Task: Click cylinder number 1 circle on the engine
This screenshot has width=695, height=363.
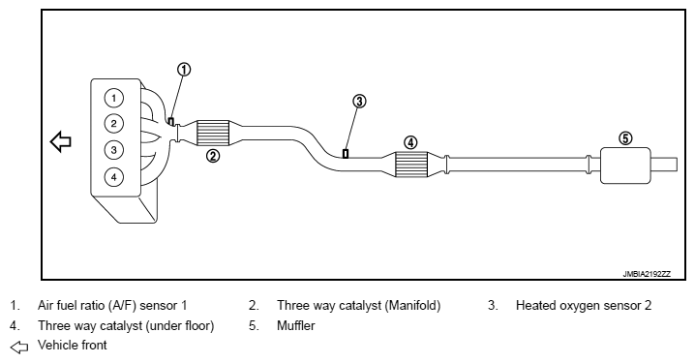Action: pos(114,98)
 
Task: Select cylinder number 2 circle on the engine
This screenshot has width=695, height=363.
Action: pos(114,124)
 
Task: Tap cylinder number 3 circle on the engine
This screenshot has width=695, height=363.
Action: pos(114,150)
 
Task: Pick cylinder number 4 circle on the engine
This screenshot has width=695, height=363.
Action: pos(114,177)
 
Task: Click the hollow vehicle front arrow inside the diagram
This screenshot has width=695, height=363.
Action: pos(61,142)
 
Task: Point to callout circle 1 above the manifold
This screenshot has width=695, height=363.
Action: pos(184,70)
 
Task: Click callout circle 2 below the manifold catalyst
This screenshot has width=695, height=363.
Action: pos(213,156)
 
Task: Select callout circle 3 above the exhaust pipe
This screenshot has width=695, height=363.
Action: pos(359,102)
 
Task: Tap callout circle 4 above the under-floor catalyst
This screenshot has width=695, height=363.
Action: pos(410,142)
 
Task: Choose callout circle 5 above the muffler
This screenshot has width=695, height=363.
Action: pos(625,138)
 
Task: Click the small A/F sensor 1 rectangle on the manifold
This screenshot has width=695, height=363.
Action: pos(171,121)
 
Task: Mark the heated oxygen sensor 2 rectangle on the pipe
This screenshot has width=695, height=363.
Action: pos(346,153)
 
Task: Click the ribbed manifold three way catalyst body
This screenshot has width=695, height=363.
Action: pos(212,133)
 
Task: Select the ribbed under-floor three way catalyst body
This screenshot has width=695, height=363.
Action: pos(410,165)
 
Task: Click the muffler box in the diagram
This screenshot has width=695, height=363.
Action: pos(625,166)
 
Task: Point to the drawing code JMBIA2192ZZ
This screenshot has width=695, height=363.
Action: pos(647,274)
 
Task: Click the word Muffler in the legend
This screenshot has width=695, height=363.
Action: pos(296,326)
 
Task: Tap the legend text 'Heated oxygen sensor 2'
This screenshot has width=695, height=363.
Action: pos(584,306)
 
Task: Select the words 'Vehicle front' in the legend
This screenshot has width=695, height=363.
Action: pos(73,345)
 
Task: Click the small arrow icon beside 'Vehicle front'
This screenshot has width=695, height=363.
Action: pos(19,348)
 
